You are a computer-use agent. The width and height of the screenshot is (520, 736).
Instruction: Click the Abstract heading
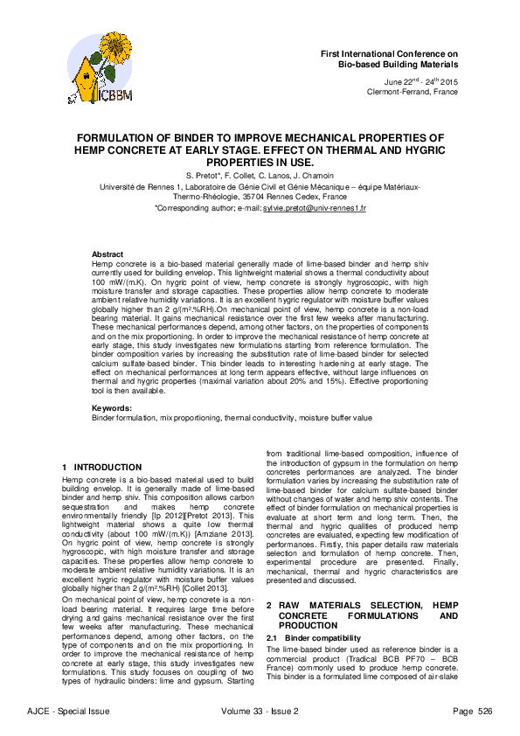(x=107, y=253)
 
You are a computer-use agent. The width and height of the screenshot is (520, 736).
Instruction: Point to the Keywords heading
(x=111, y=408)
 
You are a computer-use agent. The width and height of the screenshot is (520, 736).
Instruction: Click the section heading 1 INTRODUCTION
(x=95, y=468)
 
